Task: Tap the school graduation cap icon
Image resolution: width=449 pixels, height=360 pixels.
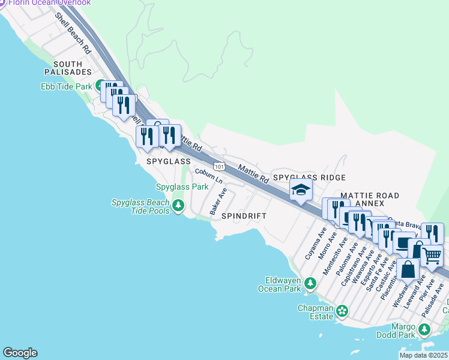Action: (x=301, y=191)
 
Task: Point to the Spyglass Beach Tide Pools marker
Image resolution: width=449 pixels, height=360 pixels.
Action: (x=178, y=206)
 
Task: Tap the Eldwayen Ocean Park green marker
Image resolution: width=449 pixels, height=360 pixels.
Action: (x=310, y=283)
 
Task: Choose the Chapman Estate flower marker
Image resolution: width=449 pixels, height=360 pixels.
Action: (x=342, y=311)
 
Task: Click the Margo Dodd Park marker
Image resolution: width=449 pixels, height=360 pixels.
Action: (x=424, y=329)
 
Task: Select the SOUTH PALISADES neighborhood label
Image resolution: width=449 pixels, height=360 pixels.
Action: (x=71, y=68)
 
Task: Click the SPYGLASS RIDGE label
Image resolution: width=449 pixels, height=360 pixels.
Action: (x=309, y=178)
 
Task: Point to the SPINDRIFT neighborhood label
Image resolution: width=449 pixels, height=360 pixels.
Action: (x=243, y=215)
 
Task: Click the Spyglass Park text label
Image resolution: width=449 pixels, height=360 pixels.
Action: (x=182, y=187)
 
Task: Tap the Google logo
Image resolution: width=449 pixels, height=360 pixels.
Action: (x=20, y=353)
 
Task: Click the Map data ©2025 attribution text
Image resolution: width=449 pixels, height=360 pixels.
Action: (x=423, y=355)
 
